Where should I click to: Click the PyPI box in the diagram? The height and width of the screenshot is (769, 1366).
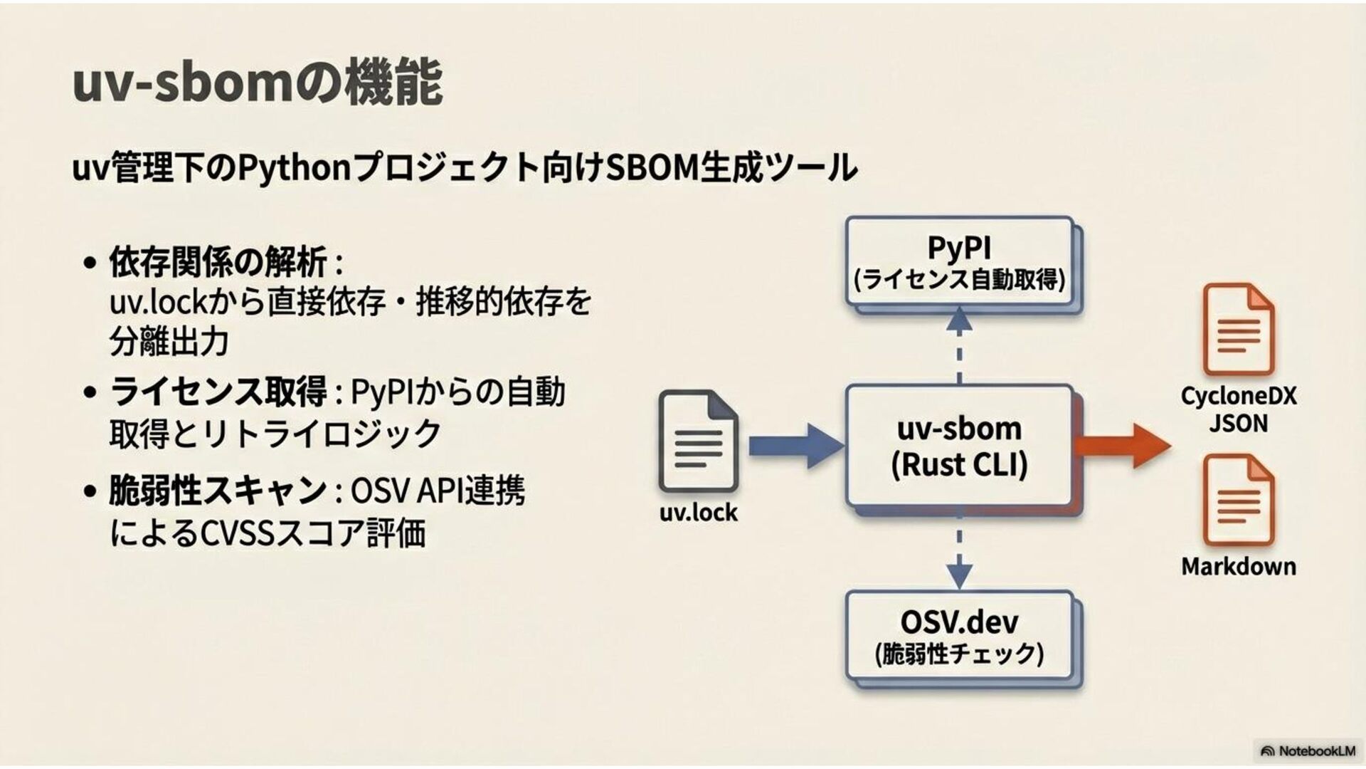(x=959, y=261)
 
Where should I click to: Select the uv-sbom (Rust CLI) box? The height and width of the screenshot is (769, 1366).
(x=959, y=446)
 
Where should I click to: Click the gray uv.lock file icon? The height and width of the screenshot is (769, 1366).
(x=698, y=441)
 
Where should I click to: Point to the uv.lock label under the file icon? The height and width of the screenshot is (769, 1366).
(x=698, y=512)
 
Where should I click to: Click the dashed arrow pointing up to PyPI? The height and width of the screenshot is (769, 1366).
(x=959, y=345)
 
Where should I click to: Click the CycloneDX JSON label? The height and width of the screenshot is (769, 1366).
(x=1238, y=409)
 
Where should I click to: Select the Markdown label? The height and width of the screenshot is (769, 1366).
(x=1238, y=567)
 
